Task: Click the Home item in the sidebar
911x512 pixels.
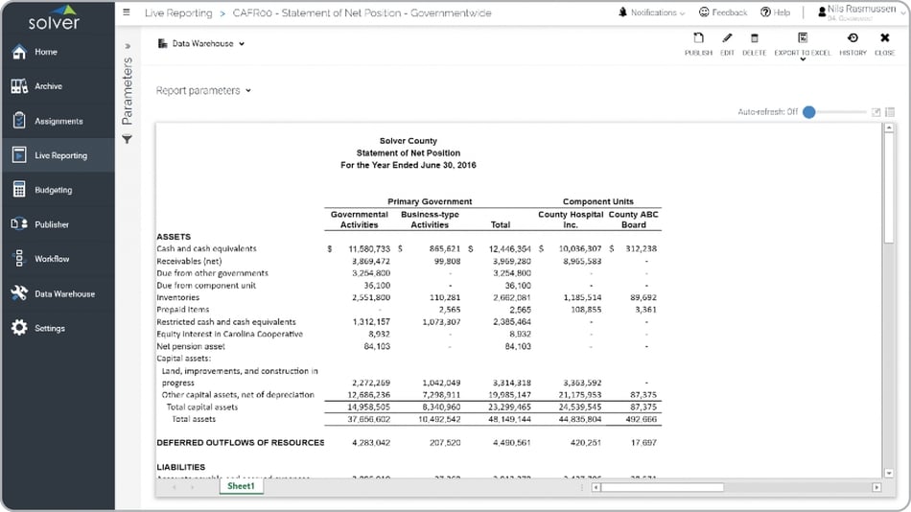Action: pyautogui.click(x=45, y=52)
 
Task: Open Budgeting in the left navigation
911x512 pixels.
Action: pyautogui.click(x=53, y=190)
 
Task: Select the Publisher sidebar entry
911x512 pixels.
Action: pyautogui.click(x=52, y=224)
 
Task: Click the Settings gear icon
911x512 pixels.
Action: pyautogui.click(x=19, y=328)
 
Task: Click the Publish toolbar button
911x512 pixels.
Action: pyautogui.click(x=698, y=43)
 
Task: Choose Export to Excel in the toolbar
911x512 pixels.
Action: pyautogui.click(x=803, y=43)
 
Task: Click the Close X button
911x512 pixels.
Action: pyautogui.click(x=884, y=43)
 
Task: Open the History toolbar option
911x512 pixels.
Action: pyautogui.click(x=853, y=43)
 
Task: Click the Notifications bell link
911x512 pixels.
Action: pyautogui.click(x=652, y=12)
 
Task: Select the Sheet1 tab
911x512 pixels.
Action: pyautogui.click(x=241, y=486)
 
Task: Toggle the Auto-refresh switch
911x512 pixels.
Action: pyautogui.click(x=809, y=111)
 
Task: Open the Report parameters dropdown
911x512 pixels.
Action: pyautogui.click(x=203, y=90)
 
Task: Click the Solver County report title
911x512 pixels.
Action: pyautogui.click(x=408, y=141)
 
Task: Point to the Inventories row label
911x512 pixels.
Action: pyautogui.click(x=179, y=297)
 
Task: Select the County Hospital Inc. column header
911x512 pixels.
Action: pyautogui.click(x=571, y=220)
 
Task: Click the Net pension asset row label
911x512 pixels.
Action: pyautogui.click(x=190, y=346)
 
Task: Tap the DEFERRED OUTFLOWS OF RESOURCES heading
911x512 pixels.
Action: pyautogui.click(x=240, y=443)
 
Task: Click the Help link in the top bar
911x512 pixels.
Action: pyautogui.click(x=775, y=12)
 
